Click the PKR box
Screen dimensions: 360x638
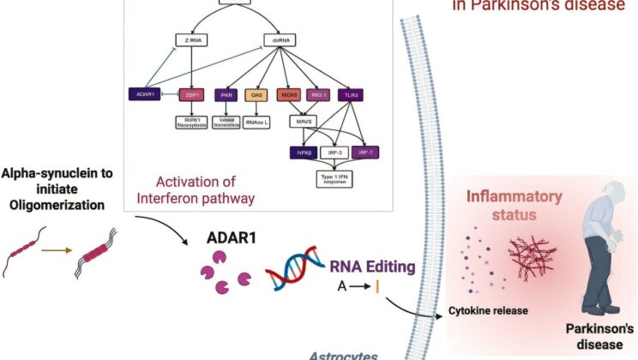pyautogui.click(x=228, y=95)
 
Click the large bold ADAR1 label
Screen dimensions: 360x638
pyautogui.click(x=226, y=237)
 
